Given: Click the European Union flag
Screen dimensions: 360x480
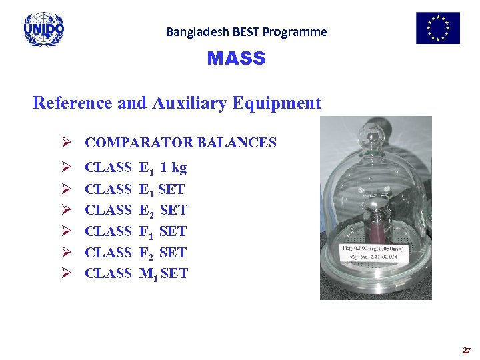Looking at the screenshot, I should [438, 28].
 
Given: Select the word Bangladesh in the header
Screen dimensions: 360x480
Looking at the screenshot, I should [193, 31].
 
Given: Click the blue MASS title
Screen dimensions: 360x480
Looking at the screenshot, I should [236, 59].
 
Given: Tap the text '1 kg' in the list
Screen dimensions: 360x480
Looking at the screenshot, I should [173, 167].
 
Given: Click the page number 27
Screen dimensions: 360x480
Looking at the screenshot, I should [467, 350].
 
